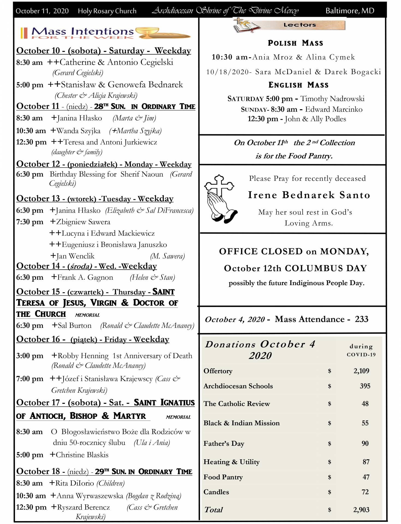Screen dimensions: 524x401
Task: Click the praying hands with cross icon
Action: [221, 199]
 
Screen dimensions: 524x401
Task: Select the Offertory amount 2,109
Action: [361, 371]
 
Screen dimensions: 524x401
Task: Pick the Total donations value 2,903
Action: [361, 510]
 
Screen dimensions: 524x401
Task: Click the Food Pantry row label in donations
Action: [223, 477]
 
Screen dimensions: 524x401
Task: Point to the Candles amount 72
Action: [365, 492]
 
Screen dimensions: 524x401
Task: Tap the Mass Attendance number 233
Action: [361, 319]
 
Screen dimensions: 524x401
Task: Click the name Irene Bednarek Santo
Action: [309, 195]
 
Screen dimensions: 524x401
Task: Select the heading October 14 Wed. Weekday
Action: [86, 266]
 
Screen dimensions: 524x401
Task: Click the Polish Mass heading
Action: [295, 43]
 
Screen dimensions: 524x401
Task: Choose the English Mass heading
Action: [298, 85]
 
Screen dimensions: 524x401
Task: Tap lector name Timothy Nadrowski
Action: [332, 99]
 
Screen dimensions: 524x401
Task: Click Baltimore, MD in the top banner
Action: [350, 11]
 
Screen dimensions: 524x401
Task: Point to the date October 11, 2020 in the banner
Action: [42, 11]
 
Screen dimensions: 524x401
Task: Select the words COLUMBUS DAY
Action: [326, 268]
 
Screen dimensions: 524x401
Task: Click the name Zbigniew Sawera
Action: [83, 222]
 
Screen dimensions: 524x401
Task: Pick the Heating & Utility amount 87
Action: [366, 462]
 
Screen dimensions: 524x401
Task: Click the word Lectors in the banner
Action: [300, 25]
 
